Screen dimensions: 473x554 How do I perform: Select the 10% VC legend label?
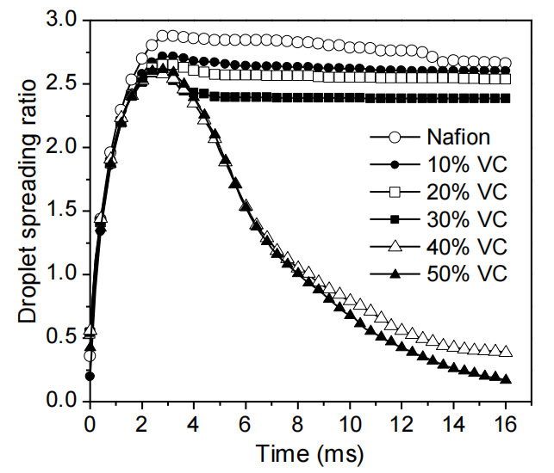465,163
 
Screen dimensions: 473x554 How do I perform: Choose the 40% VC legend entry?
465,246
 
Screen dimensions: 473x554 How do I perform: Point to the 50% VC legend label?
465,273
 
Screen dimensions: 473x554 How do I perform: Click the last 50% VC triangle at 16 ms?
506,378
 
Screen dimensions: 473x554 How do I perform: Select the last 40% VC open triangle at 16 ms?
506,352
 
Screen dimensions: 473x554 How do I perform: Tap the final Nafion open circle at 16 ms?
506,63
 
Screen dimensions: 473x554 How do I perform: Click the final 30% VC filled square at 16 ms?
506,98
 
